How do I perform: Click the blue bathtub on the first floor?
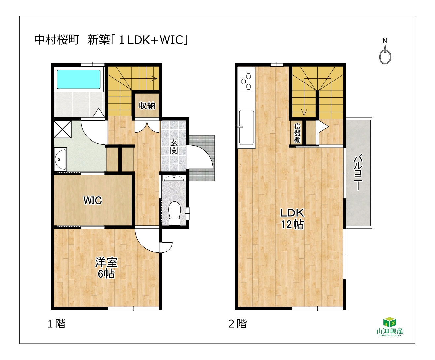[x=79, y=79]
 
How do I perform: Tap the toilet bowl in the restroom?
[x=175, y=213]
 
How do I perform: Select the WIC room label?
[x=93, y=200]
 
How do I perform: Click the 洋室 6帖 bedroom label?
[x=106, y=268]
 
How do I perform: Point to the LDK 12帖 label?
[x=292, y=218]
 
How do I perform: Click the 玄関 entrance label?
[x=174, y=146]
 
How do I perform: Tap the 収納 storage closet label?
[x=147, y=106]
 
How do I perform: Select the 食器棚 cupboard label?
[x=297, y=133]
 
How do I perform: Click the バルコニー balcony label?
[x=358, y=172]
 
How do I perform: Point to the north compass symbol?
[x=385, y=52]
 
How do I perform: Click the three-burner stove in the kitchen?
[x=246, y=82]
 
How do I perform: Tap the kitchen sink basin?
[x=247, y=127]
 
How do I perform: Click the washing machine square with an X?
[x=62, y=129]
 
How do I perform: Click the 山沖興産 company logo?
[x=389, y=326]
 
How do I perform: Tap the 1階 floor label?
[x=56, y=324]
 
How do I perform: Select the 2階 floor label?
[x=237, y=324]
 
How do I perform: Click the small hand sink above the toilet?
[x=173, y=178]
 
